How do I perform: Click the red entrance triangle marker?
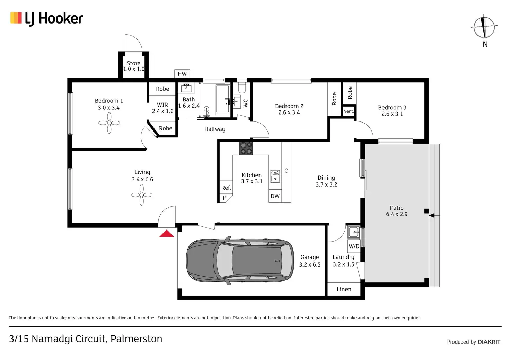tap(167, 234)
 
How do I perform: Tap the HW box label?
tap(182, 74)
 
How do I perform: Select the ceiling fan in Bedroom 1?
tap(109, 123)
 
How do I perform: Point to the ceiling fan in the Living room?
tap(142, 195)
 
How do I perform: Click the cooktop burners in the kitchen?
tap(246, 148)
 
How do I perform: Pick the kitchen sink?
tap(275, 176)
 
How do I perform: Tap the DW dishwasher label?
tap(275, 196)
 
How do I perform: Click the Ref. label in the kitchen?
tap(226, 188)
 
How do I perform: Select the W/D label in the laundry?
tap(354, 246)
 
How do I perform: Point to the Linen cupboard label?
tap(344, 289)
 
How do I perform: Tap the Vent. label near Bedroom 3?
tap(349, 111)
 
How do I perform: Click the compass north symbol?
tap(484, 27)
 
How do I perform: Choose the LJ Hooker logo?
tap(47, 18)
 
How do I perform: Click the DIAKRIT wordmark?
tap(489, 342)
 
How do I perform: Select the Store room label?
tap(133, 63)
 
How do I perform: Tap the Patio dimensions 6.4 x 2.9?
tap(397, 214)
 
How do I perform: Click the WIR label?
tap(162, 105)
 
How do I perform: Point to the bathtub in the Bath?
tap(222, 99)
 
